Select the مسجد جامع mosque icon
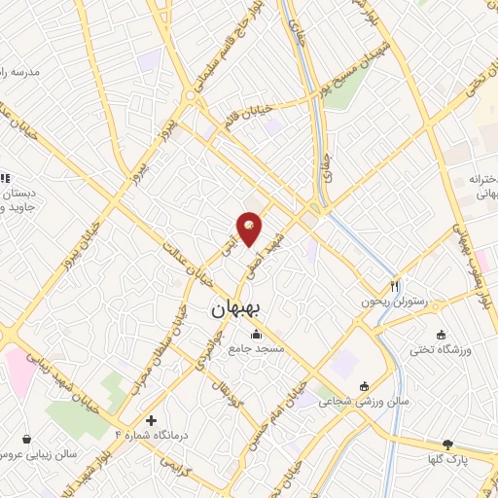pos(256,335)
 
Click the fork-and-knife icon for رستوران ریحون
pos(394,286)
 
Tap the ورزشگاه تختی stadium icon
pos(442,332)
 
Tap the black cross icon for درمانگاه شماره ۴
pos(151,420)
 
